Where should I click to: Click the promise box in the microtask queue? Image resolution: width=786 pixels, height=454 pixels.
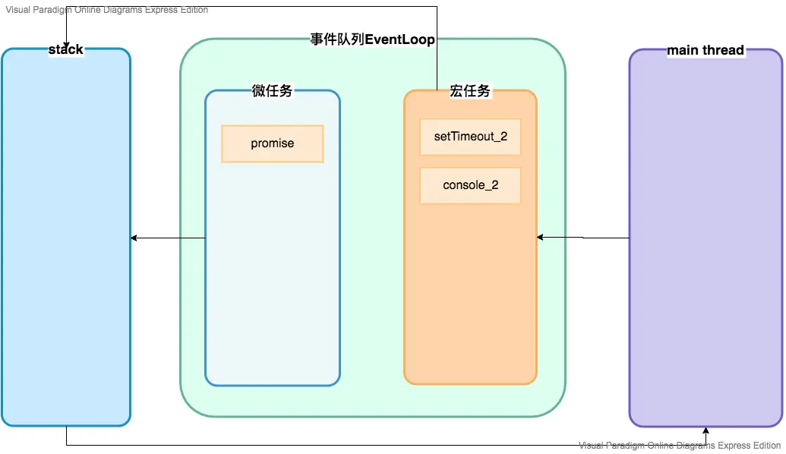(x=273, y=143)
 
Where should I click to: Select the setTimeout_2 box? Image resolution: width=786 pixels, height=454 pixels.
(x=470, y=137)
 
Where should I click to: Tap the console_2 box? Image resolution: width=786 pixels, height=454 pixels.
(x=470, y=185)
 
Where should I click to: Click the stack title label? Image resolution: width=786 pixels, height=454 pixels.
(x=66, y=50)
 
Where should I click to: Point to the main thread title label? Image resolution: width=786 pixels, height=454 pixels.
(x=706, y=51)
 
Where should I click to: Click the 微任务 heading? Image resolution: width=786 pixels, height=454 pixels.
(x=272, y=91)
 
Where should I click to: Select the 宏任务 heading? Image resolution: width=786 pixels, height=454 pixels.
(x=470, y=91)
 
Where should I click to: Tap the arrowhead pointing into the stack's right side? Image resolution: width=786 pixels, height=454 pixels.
(x=134, y=238)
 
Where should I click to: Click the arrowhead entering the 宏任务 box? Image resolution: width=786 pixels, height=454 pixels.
(x=541, y=238)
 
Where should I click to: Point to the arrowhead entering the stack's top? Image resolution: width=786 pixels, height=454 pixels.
(x=67, y=43)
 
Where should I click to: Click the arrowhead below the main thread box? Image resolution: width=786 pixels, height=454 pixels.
(x=706, y=431)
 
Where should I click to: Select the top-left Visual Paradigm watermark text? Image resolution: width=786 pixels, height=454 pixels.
(x=106, y=10)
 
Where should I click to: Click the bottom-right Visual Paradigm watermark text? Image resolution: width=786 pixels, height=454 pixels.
(x=680, y=446)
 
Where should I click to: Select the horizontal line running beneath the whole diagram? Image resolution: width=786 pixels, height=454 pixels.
(x=380, y=445)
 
